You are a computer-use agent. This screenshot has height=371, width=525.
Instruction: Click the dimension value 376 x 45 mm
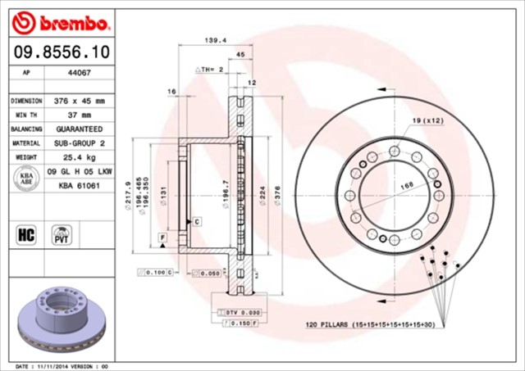[80, 101]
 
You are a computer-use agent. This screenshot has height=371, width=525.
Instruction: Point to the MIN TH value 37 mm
[80, 115]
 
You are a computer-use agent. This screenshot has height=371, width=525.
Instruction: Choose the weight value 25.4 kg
[80, 156]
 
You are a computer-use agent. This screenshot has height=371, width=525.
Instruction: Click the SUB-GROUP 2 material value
[80, 143]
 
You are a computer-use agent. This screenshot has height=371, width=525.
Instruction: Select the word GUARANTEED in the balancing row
[80, 129]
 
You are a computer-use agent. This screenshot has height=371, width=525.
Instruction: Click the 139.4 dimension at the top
[215, 39]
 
